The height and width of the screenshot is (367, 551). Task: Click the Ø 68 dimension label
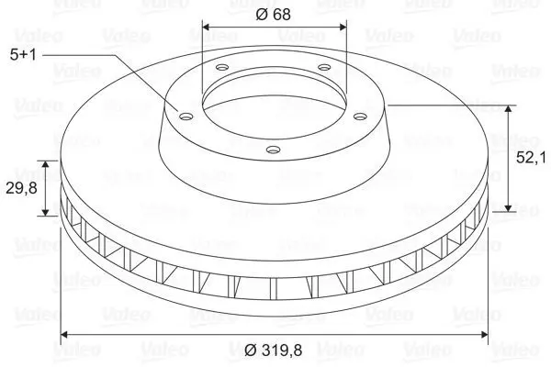[273, 15]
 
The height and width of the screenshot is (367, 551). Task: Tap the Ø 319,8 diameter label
[274, 350]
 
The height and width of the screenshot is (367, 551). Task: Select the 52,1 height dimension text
[531, 158]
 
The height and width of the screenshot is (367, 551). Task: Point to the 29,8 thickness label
[21, 189]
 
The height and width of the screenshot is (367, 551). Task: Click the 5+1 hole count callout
[23, 55]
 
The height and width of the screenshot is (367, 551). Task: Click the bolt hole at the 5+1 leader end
[186, 116]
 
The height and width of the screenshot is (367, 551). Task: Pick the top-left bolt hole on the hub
[222, 67]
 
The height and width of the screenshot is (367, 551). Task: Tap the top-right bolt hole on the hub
[324, 67]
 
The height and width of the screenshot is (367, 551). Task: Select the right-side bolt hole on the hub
[360, 116]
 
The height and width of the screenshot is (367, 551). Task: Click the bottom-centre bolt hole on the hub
[274, 150]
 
